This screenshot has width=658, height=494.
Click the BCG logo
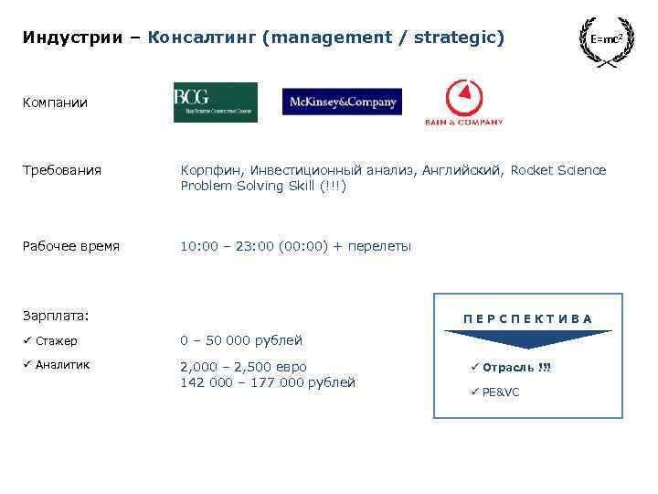coord(215,102)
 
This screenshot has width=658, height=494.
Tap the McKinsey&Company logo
coord(342,102)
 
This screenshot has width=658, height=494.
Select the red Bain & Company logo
coord(463,102)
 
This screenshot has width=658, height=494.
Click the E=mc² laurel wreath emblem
coord(608,40)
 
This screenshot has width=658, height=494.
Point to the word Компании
coord(55,102)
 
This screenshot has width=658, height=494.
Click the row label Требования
coord(62,170)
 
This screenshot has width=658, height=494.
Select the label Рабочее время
coord(71,246)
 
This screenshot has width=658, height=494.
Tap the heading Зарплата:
coord(56,316)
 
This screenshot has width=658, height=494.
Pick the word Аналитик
coord(62,365)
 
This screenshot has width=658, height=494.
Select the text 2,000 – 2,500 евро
coord(243,366)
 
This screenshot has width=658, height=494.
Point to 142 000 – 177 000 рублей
coord(268,382)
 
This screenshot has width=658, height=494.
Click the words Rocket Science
coord(557,170)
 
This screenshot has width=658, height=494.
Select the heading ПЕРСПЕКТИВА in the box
coord(527,318)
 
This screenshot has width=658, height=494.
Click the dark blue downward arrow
coord(527,338)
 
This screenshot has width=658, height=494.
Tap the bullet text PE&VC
coord(500,392)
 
